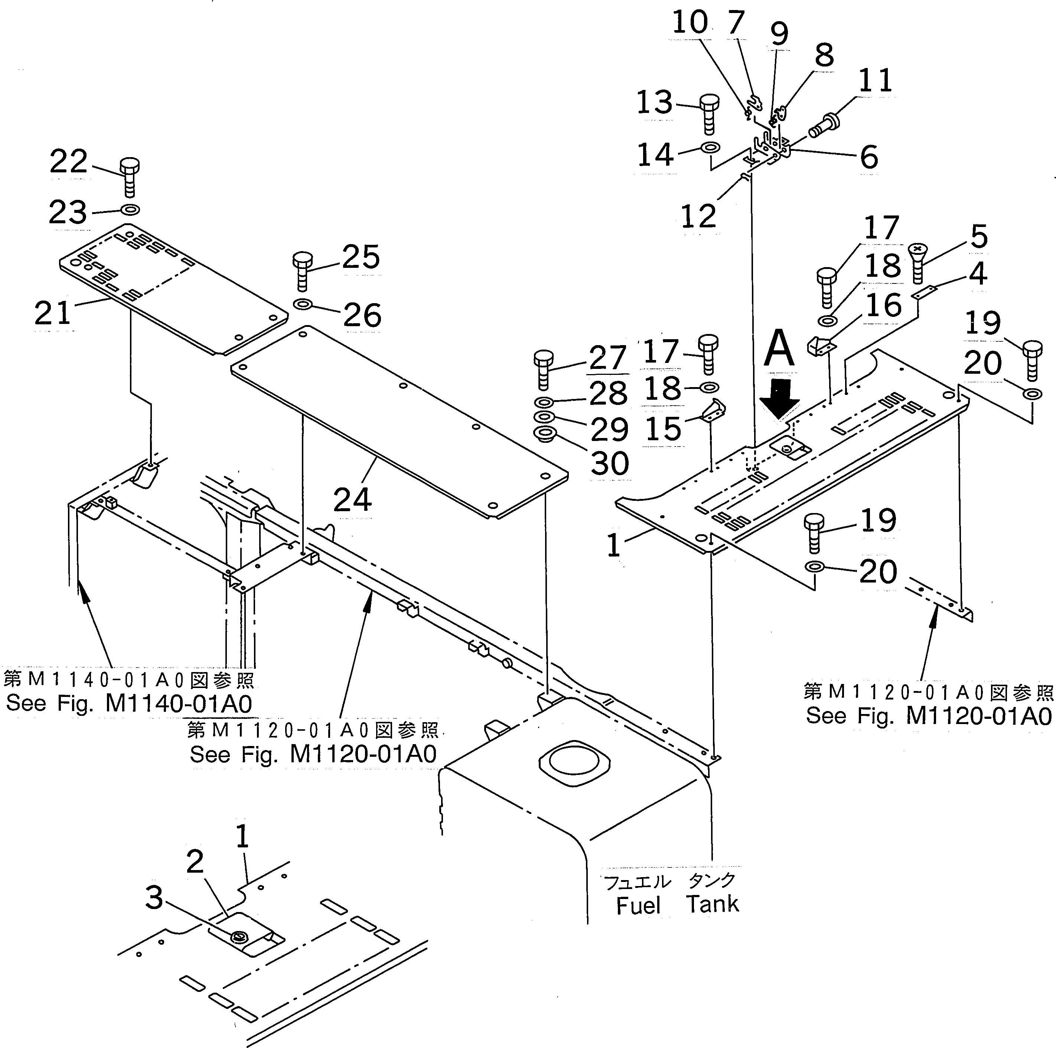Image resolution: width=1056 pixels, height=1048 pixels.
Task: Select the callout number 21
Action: pos(53,313)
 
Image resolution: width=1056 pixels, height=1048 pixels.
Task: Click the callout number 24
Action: pos(352,499)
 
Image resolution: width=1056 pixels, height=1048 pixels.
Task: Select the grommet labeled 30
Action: pos(545,435)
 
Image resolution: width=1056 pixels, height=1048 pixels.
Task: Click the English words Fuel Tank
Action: pos(677,905)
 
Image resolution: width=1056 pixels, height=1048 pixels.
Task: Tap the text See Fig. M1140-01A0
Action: pos(129,703)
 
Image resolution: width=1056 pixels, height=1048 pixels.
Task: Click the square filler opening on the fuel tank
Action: pos(574,763)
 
